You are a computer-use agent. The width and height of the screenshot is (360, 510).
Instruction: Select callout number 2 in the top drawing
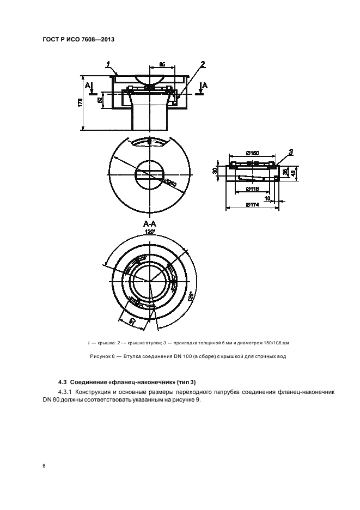(x=203, y=64)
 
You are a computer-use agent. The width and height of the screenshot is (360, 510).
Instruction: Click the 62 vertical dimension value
(x=100, y=99)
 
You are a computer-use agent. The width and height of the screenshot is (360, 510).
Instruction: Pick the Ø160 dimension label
(x=252, y=154)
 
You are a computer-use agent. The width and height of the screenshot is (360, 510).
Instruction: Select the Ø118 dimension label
(x=252, y=189)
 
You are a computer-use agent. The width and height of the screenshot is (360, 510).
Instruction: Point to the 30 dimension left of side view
(x=216, y=171)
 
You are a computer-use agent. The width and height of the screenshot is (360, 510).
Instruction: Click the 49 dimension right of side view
(x=294, y=174)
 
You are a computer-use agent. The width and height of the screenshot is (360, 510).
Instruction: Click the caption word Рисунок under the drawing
(x=100, y=356)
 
